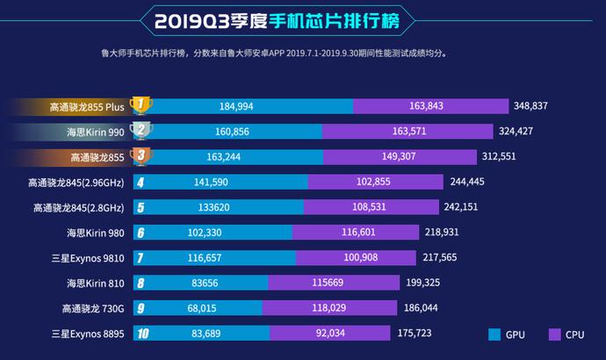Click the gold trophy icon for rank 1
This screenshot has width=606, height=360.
pyautogui.click(x=141, y=105)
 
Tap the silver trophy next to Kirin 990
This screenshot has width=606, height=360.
pyautogui.click(x=141, y=132)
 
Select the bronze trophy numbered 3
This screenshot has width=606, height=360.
pyautogui.click(x=141, y=157)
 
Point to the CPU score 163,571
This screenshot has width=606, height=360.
pyautogui.click(x=409, y=132)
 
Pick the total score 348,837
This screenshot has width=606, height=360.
pyautogui.click(x=537, y=106)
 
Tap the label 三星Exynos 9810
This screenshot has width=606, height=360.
pyautogui.click(x=88, y=259)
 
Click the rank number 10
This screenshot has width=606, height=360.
pyautogui.click(x=141, y=335)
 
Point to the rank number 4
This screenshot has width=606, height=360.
pyautogui.click(x=141, y=183)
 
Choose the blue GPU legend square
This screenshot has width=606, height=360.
pyautogui.click(x=494, y=335)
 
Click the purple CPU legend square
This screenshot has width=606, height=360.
pyautogui.click(x=554, y=335)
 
